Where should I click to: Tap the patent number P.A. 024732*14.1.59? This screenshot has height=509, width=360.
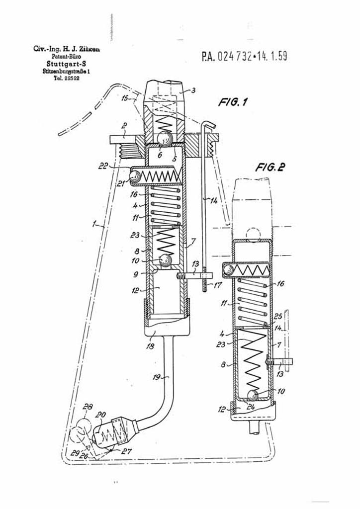pyautogui.click(x=244, y=56)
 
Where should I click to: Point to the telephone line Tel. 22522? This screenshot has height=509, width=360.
pyautogui.click(x=64, y=79)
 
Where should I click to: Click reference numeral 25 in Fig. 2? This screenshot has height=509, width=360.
pyautogui.click(x=278, y=317)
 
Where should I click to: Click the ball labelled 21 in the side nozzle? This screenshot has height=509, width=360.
pyautogui.click(x=136, y=175)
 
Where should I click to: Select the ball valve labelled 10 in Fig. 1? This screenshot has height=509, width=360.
pyautogui.click(x=165, y=260)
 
